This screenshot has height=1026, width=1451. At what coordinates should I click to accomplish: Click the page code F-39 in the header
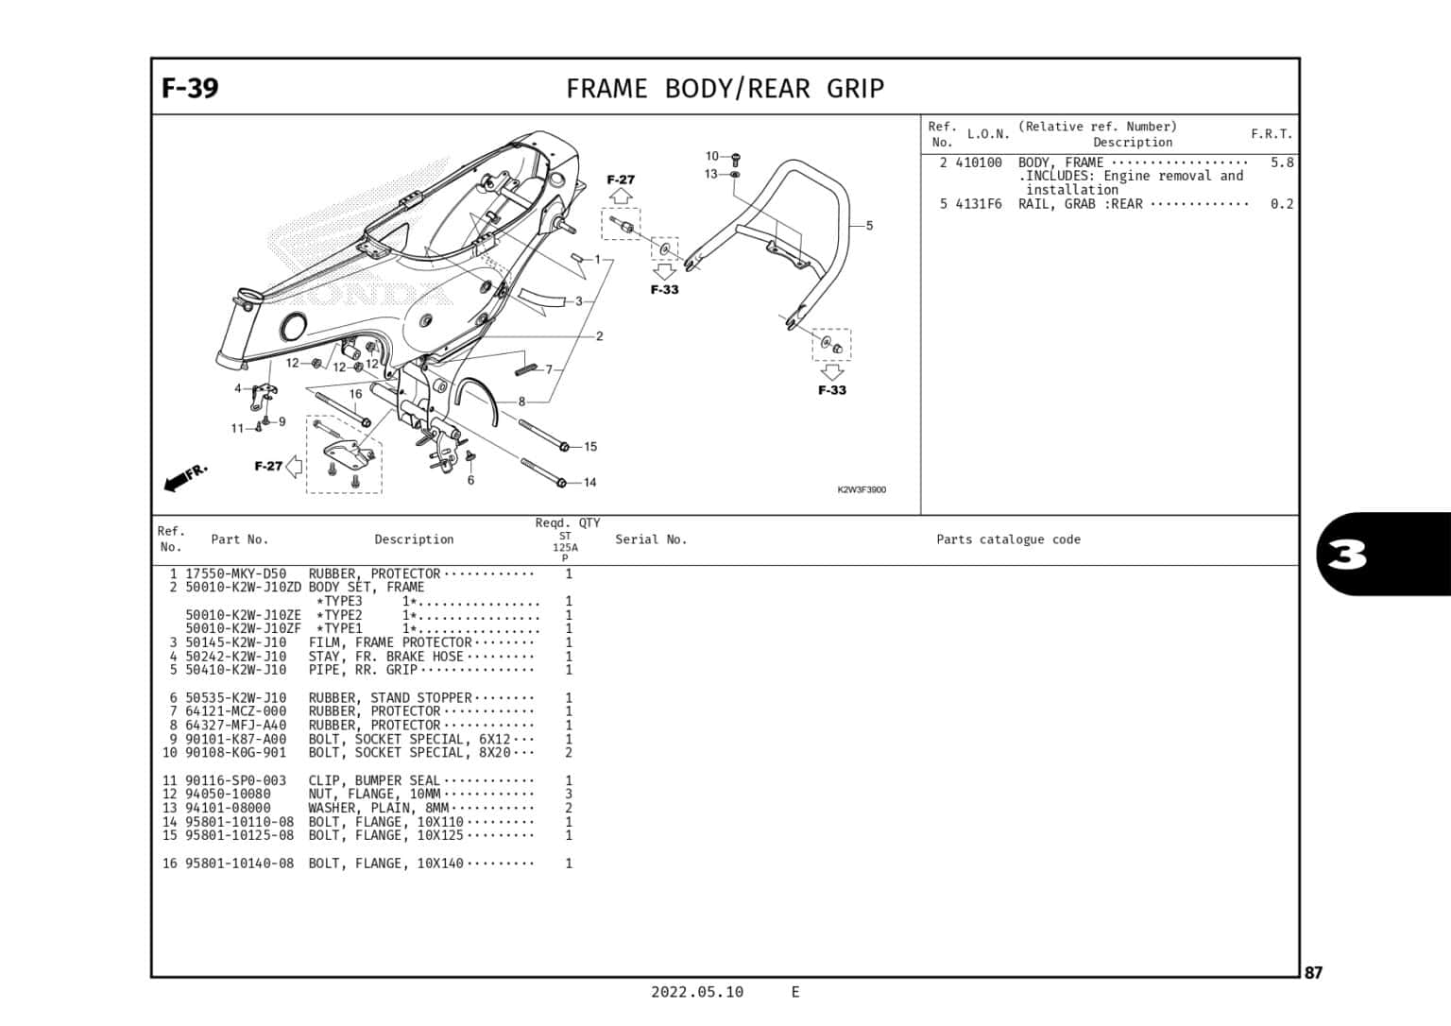pyautogui.click(x=190, y=88)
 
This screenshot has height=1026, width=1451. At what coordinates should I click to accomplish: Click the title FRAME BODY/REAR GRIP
pyautogui.click(x=725, y=89)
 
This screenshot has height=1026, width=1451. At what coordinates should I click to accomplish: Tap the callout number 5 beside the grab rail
pyautogui.click(x=869, y=226)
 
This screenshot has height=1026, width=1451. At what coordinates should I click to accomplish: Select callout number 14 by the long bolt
pyautogui.click(x=589, y=483)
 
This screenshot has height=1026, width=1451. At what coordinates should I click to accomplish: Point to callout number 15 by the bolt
pyautogui.click(x=589, y=447)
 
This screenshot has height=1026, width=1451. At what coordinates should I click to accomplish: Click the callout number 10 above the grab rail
pyautogui.click(x=712, y=156)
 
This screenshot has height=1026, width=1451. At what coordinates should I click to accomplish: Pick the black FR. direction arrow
pyautogui.click(x=184, y=477)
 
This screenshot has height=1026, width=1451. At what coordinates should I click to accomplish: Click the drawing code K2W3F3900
pyautogui.click(x=861, y=489)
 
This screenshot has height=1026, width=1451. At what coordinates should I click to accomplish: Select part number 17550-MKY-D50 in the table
pyautogui.click(x=235, y=573)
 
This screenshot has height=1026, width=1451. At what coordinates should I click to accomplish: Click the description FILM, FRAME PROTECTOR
pyautogui.click(x=389, y=642)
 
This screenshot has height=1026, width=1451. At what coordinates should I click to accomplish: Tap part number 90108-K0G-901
pyautogui.click(x=235, y=753)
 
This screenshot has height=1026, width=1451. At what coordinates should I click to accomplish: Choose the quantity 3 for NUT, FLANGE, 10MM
pyautogui.click(x=568, y=795)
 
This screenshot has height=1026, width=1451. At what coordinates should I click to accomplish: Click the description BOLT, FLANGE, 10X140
pyautogui.click(x=385, y=864)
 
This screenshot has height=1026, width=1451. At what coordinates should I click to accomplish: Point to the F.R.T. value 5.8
pyautogui.click(x=1281, y=162)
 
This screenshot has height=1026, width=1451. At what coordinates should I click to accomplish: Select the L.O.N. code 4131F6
pyautogui.click(x=979, y=204)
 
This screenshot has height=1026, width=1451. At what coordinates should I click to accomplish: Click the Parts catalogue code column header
pyautogui.click(x=1008, y=539)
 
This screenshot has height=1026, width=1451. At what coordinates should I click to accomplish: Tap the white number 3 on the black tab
pyautogui.click(x=1348, y=556)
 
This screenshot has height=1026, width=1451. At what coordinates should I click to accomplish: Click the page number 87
pyautogui.click(x=1313, y=973)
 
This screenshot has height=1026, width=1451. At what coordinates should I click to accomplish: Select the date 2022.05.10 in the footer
pyautogui.click(x=696, y=992)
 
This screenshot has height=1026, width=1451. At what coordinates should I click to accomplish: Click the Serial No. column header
pyautogui.click(x=651, y=539)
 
